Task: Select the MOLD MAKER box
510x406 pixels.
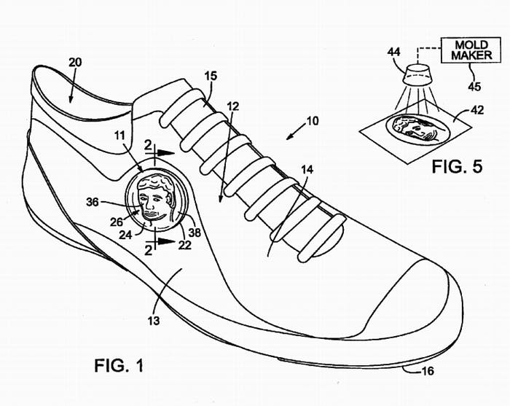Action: tap(471, 50)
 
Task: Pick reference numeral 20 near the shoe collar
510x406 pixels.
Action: tap(74, 63)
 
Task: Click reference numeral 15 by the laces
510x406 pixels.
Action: tap(210, 76)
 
